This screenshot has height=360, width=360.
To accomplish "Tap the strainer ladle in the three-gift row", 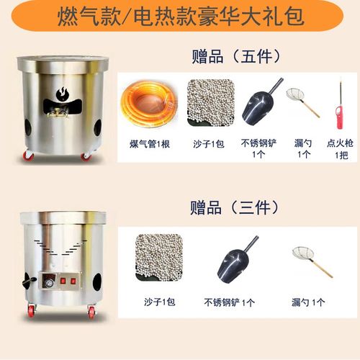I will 311,261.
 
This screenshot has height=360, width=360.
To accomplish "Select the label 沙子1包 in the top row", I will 210,143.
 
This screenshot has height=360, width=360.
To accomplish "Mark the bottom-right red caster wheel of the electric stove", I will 92,312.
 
